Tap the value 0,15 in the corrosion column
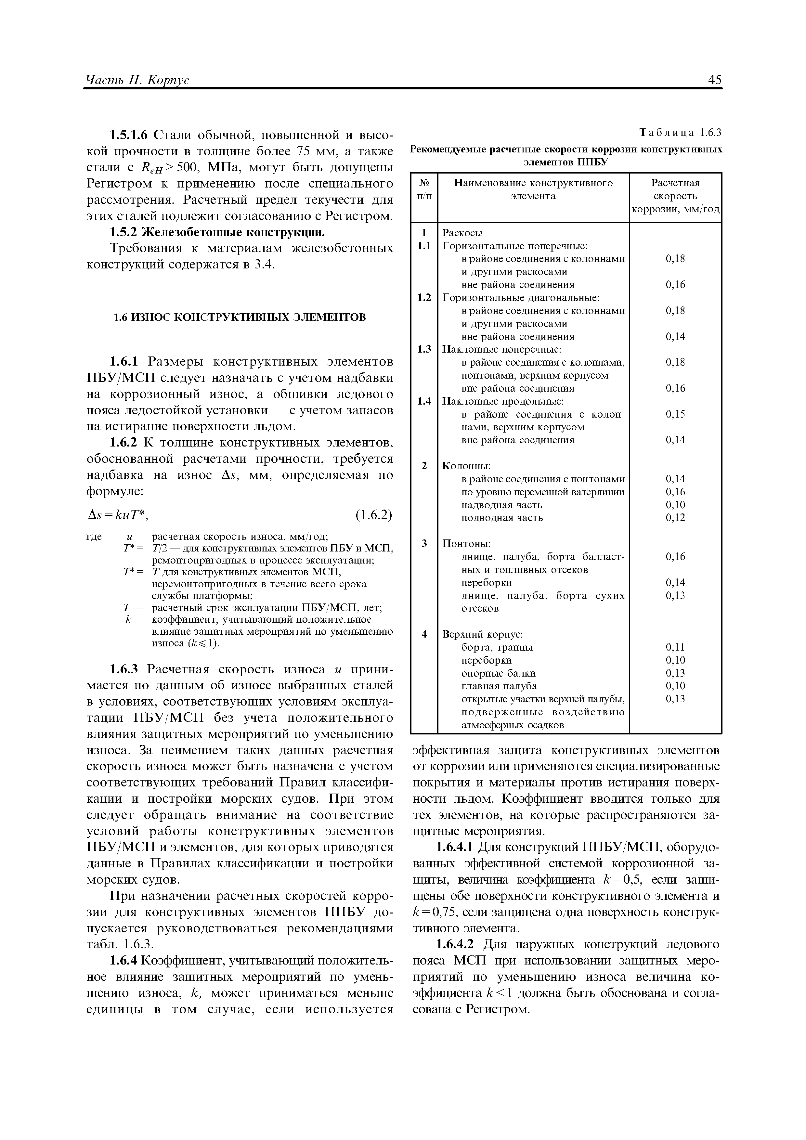click(x=675, y=414)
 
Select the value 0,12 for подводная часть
click(x=675, y=517)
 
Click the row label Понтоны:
click(x=466, y=543)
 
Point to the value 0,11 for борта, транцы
click(x=675, y=647)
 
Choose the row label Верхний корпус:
click(x=483, y=634)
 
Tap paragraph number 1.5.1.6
click(x=129, y=135)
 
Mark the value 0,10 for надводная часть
click(x=675, y=504)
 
